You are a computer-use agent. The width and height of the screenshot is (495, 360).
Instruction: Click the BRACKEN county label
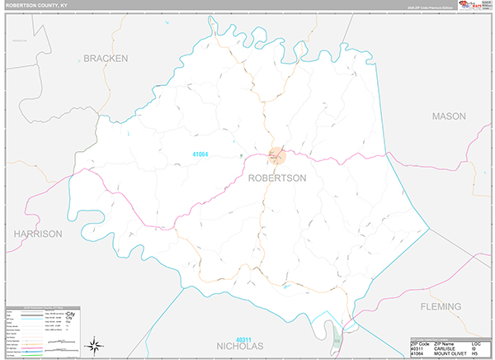(106, 59)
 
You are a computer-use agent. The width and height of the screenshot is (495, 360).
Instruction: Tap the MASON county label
(449, 116)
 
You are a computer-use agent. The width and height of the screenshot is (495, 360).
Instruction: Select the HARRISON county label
(38, 234)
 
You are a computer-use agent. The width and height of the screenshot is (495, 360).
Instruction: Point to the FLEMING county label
(440, 306)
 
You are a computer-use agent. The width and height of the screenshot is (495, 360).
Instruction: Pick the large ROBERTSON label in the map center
(276, 178)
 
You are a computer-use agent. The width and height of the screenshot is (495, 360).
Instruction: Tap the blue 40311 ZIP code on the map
(243, 339)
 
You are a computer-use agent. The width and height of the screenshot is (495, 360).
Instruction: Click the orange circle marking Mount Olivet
(277, 154)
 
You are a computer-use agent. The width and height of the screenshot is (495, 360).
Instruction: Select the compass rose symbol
(95, 345)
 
